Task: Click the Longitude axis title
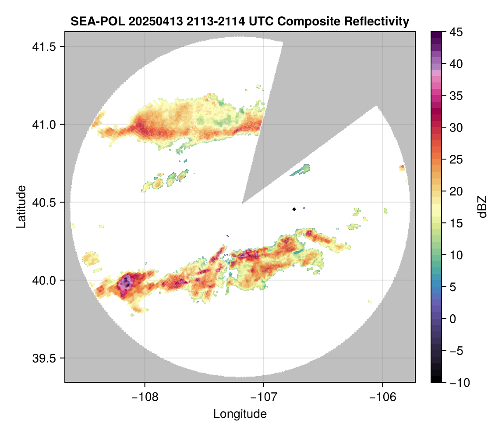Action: point(240,413)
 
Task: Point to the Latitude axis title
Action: point(21,206)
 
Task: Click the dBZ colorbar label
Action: point(482,206)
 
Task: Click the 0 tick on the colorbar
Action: point(453,319)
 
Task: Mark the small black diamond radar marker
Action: point(294,209)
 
